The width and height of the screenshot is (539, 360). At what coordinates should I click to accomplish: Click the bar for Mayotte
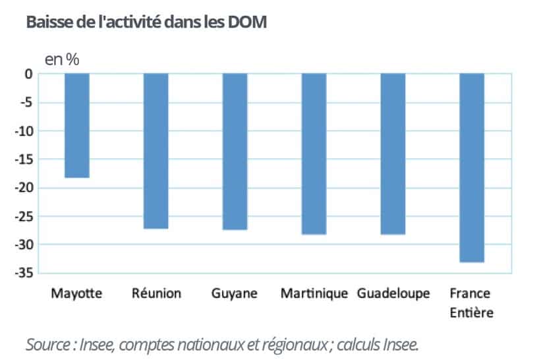77,125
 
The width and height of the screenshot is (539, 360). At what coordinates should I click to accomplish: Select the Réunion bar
156,151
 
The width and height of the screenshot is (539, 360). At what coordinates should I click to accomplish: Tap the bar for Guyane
235,152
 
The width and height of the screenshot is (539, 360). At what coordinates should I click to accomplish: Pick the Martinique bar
314,154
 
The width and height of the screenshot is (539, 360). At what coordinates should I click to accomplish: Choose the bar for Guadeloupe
393,154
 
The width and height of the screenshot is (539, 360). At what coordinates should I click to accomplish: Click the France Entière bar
472,168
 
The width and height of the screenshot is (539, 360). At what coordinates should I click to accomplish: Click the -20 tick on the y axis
24,188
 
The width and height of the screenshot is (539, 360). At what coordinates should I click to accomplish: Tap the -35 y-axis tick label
24,274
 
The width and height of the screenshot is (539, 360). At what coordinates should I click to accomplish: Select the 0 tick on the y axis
29,74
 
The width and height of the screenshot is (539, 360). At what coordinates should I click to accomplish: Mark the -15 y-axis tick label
24,160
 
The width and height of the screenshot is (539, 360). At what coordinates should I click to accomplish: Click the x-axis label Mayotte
76,294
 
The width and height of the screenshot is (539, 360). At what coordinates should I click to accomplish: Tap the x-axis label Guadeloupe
393,293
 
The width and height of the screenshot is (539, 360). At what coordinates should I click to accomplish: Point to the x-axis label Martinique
314,294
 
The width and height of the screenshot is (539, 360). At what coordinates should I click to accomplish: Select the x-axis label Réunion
156,293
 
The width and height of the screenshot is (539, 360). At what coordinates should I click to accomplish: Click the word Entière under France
472,313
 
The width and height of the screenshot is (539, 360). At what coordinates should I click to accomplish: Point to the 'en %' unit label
62,60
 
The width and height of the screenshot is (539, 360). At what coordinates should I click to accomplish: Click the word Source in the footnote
48,345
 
